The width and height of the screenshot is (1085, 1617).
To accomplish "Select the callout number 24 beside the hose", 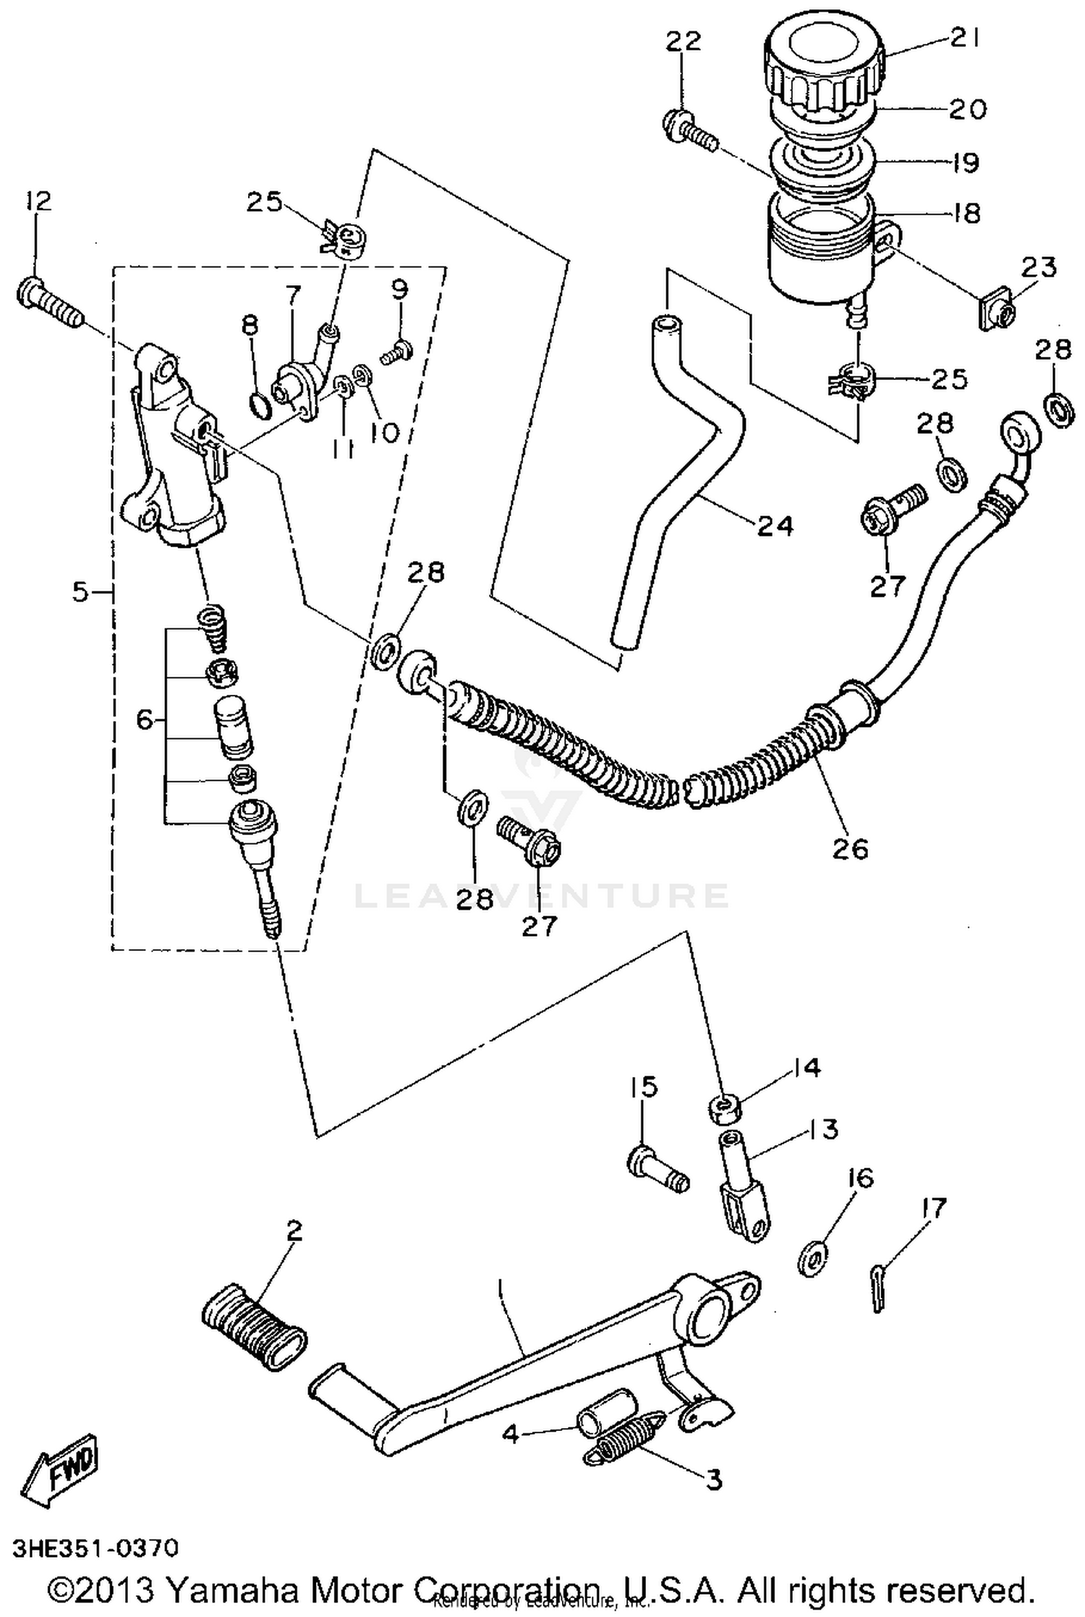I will [775, 525].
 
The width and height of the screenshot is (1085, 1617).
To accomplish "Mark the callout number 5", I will [80, 592].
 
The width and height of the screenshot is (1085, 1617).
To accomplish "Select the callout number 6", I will [145, 719].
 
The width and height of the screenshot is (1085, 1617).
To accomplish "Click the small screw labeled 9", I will [396, 353].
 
